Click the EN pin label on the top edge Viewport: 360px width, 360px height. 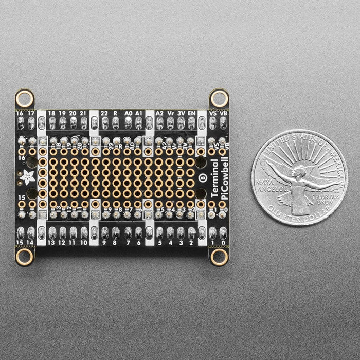point(191,112)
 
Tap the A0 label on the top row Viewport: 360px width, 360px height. point(129,112)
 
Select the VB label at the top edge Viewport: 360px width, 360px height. point(223,112)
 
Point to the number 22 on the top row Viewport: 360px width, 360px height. point(104,112)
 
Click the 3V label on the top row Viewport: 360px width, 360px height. point(181,112)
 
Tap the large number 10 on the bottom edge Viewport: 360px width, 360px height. point(83,242)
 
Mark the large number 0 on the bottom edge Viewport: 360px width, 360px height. point(223,242)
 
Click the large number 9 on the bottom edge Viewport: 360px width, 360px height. point(105,242)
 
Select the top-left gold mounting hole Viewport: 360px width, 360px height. point(23,97)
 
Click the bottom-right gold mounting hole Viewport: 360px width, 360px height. point(219,256)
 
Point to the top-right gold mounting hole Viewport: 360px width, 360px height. point(219,97)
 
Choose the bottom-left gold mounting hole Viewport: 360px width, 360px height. point(23,256)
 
